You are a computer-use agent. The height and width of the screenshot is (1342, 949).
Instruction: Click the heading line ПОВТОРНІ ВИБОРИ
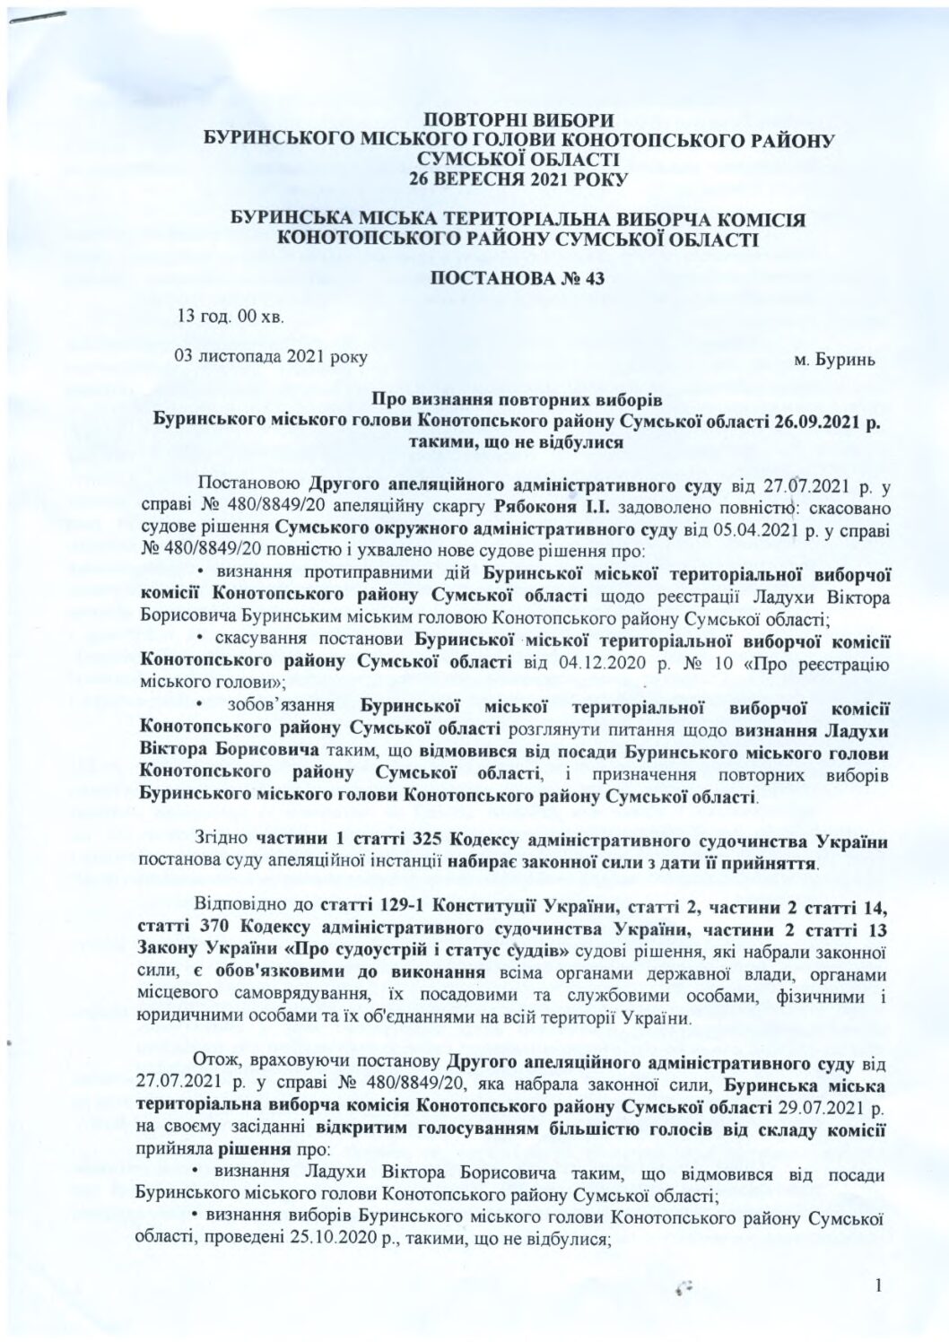pos(518,120)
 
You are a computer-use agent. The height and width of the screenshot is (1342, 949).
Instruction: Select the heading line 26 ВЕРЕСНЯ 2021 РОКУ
pos(518,178)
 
